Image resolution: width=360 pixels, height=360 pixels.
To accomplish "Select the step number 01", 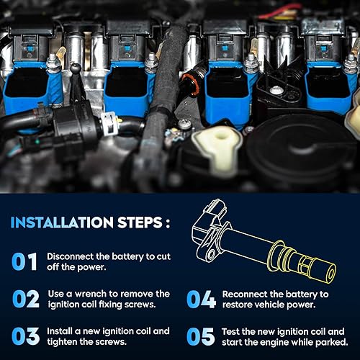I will [25, 261].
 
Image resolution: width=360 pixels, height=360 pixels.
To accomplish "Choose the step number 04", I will [199, 299].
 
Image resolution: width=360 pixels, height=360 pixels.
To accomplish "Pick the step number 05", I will [199, 336].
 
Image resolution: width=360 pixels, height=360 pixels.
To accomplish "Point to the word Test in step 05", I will [233, 330].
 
